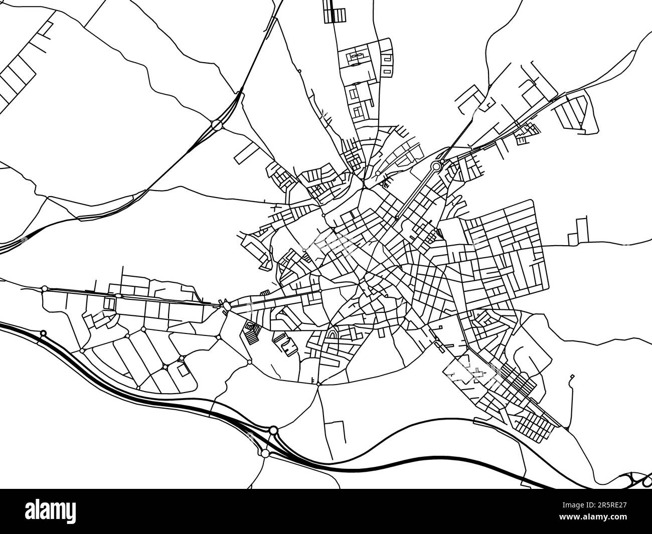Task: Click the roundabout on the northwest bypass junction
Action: [x=217, y=124]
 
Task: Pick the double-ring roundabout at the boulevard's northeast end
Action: [x=436, y=165]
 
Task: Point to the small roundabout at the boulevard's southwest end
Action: [x=397, y=218]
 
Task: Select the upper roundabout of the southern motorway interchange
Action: [x=273, y=430]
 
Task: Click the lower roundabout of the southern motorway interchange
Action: [x=264, y=453]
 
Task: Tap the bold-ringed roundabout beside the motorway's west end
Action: [x=43, y=333]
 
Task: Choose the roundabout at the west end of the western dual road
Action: [x=45, y=288]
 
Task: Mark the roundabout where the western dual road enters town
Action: [x=227, y=305]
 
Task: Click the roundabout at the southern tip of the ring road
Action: [x=318, y=384]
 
